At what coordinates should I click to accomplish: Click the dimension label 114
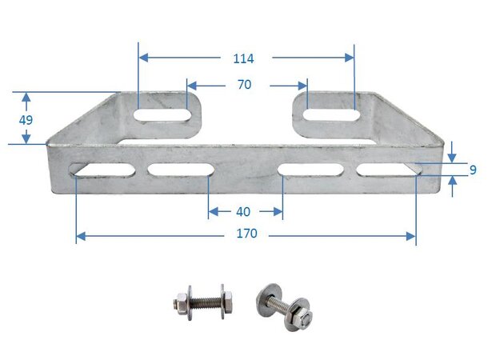point(244,58)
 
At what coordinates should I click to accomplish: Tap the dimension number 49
point(26,119)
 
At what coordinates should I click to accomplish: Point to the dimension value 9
point(473,170)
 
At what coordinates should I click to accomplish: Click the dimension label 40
point(245,212)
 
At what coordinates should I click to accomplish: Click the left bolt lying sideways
point(204,303)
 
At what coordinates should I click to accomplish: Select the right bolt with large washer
point(283,304)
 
